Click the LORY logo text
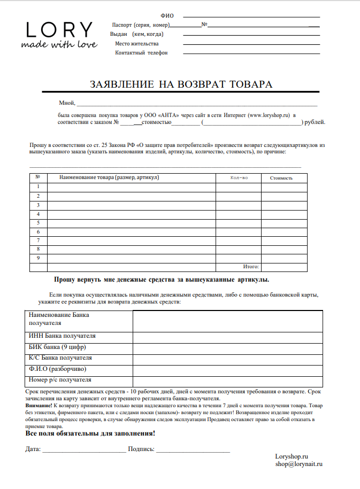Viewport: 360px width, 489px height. [59, 29]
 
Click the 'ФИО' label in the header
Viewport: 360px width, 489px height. [167, 16]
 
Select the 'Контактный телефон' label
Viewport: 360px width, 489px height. [141, 53]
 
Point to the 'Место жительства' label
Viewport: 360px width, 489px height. [136, 43]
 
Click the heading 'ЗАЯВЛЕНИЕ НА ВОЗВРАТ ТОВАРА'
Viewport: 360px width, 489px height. [181, 84]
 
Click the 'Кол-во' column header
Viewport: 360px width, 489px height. [238, 177]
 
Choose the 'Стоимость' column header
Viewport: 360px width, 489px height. [281, 178]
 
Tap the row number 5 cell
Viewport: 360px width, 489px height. [39, 223]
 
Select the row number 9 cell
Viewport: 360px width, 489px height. [39, 258]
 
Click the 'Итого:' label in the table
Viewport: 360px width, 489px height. [251, 266]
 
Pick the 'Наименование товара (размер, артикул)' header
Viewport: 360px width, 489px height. [109, 177]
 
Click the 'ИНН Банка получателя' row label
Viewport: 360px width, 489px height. [62, 336]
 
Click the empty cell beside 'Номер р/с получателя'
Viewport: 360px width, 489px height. [227, 381]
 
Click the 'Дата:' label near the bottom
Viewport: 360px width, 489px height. [33, 449]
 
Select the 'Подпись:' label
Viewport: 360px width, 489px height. [141, 449]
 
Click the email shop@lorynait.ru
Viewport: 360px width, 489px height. [299, 464]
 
